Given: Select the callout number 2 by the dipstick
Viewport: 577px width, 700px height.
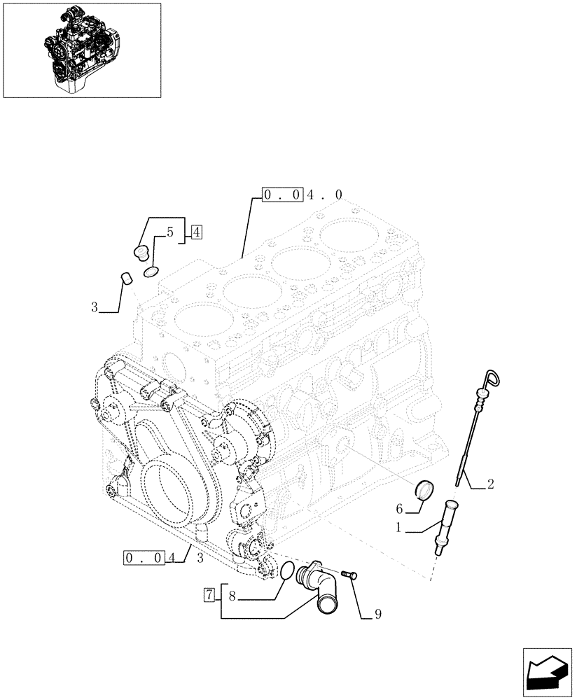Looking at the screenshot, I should click(490, 484).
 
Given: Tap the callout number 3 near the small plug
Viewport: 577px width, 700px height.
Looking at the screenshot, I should click(94, 307).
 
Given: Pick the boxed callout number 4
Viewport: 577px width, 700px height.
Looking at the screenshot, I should click(195, 233).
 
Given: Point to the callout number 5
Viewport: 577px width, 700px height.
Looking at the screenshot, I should click(170, 232).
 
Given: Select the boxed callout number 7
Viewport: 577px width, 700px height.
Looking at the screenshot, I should click(209, 596).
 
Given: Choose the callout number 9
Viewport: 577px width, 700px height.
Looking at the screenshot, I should click(377, 615).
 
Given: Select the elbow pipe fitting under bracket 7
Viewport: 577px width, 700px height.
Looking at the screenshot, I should click(320, 588).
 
